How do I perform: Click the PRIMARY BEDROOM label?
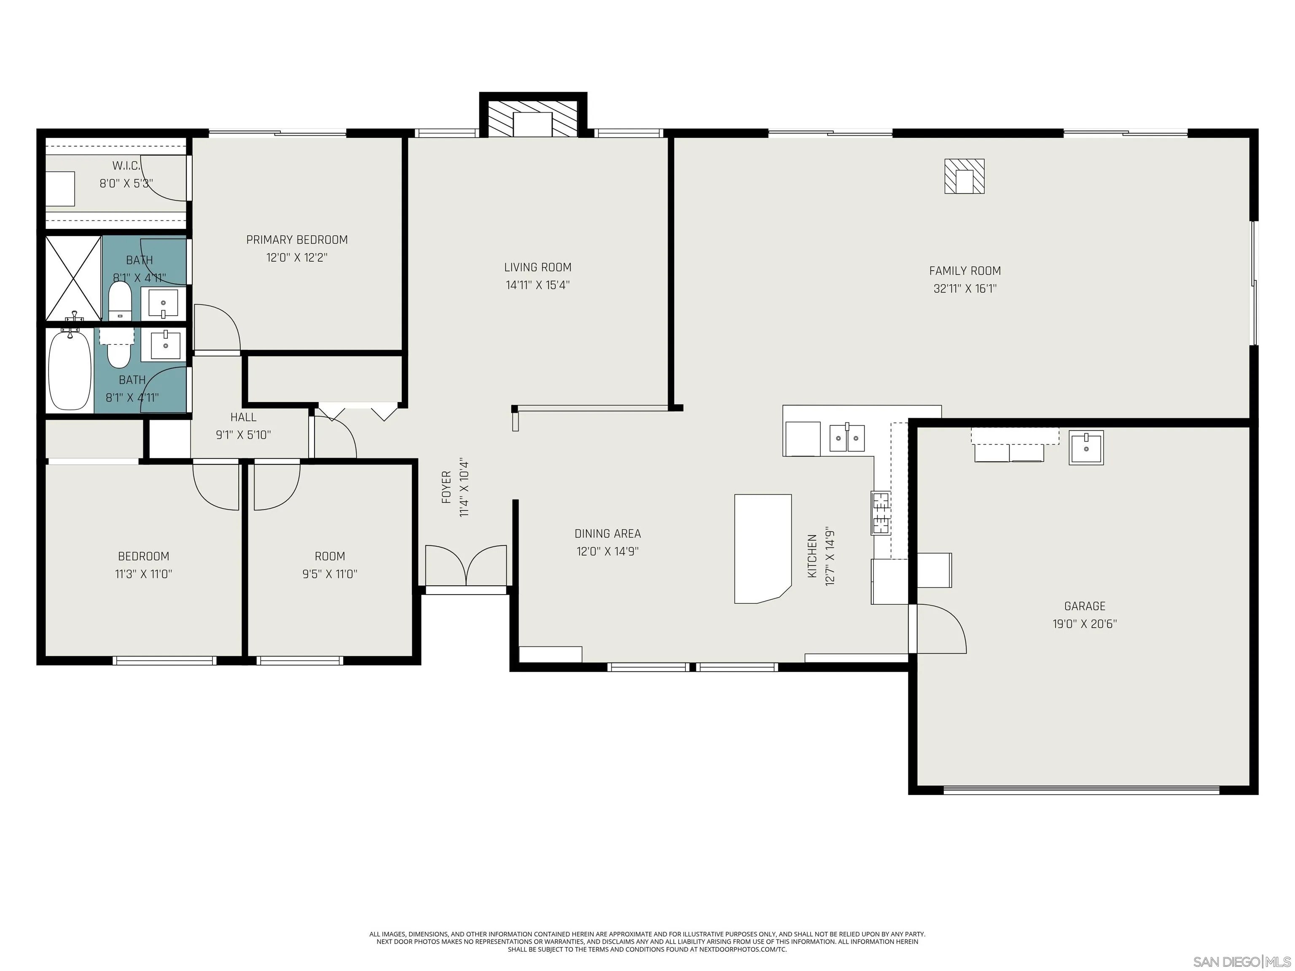pos(297,239)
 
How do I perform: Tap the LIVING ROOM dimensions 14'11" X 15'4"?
pos(537,285)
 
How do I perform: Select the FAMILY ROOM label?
pos(965,271)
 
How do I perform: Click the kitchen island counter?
pos(762,548)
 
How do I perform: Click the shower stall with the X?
pos(73,278)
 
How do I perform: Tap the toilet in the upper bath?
pos(121,301)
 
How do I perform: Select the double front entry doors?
pos(466,566)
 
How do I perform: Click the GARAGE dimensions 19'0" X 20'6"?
pos(1084,624)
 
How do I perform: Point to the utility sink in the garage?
pos(1086,448)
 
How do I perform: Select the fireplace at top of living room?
pos(533,123)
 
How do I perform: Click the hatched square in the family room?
pos(964,176)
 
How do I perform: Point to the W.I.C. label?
pos(126,166)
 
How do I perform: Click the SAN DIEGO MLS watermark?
pos(1241,962)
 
